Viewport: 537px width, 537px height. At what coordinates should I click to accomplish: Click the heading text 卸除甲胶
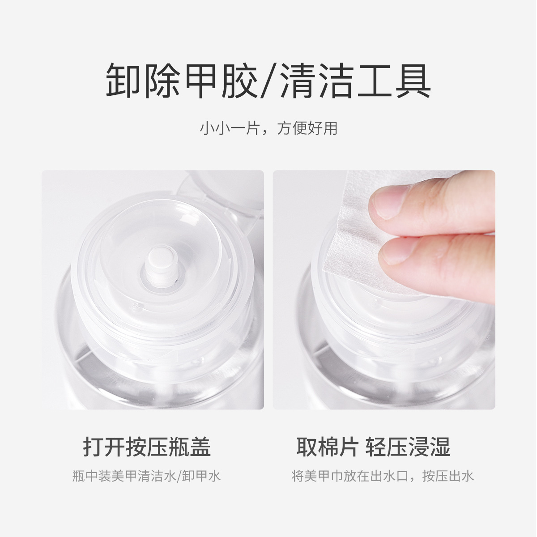[182, 81]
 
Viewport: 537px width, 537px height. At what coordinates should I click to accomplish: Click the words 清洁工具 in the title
[356, 81]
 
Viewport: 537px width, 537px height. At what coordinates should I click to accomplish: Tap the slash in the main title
[269, 81]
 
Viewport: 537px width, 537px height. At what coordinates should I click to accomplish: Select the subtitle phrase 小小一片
[230, 128]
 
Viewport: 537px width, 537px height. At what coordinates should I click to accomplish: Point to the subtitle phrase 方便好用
[307, 128]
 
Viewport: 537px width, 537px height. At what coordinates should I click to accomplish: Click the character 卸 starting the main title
[123, 81]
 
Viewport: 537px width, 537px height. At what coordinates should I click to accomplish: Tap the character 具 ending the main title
[414, 81]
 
